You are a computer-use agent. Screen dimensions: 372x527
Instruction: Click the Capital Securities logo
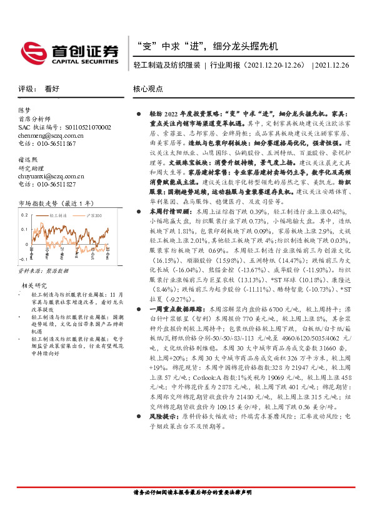point(69,51)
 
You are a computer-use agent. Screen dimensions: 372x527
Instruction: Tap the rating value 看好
point(52,89)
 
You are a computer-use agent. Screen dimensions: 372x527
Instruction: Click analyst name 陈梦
point(24,110)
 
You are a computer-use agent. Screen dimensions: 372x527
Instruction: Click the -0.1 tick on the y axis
point(23,258)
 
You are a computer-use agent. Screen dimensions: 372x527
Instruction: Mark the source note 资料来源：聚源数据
point(43,272)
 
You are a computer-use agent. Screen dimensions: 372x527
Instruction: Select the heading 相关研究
point(32,285)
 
